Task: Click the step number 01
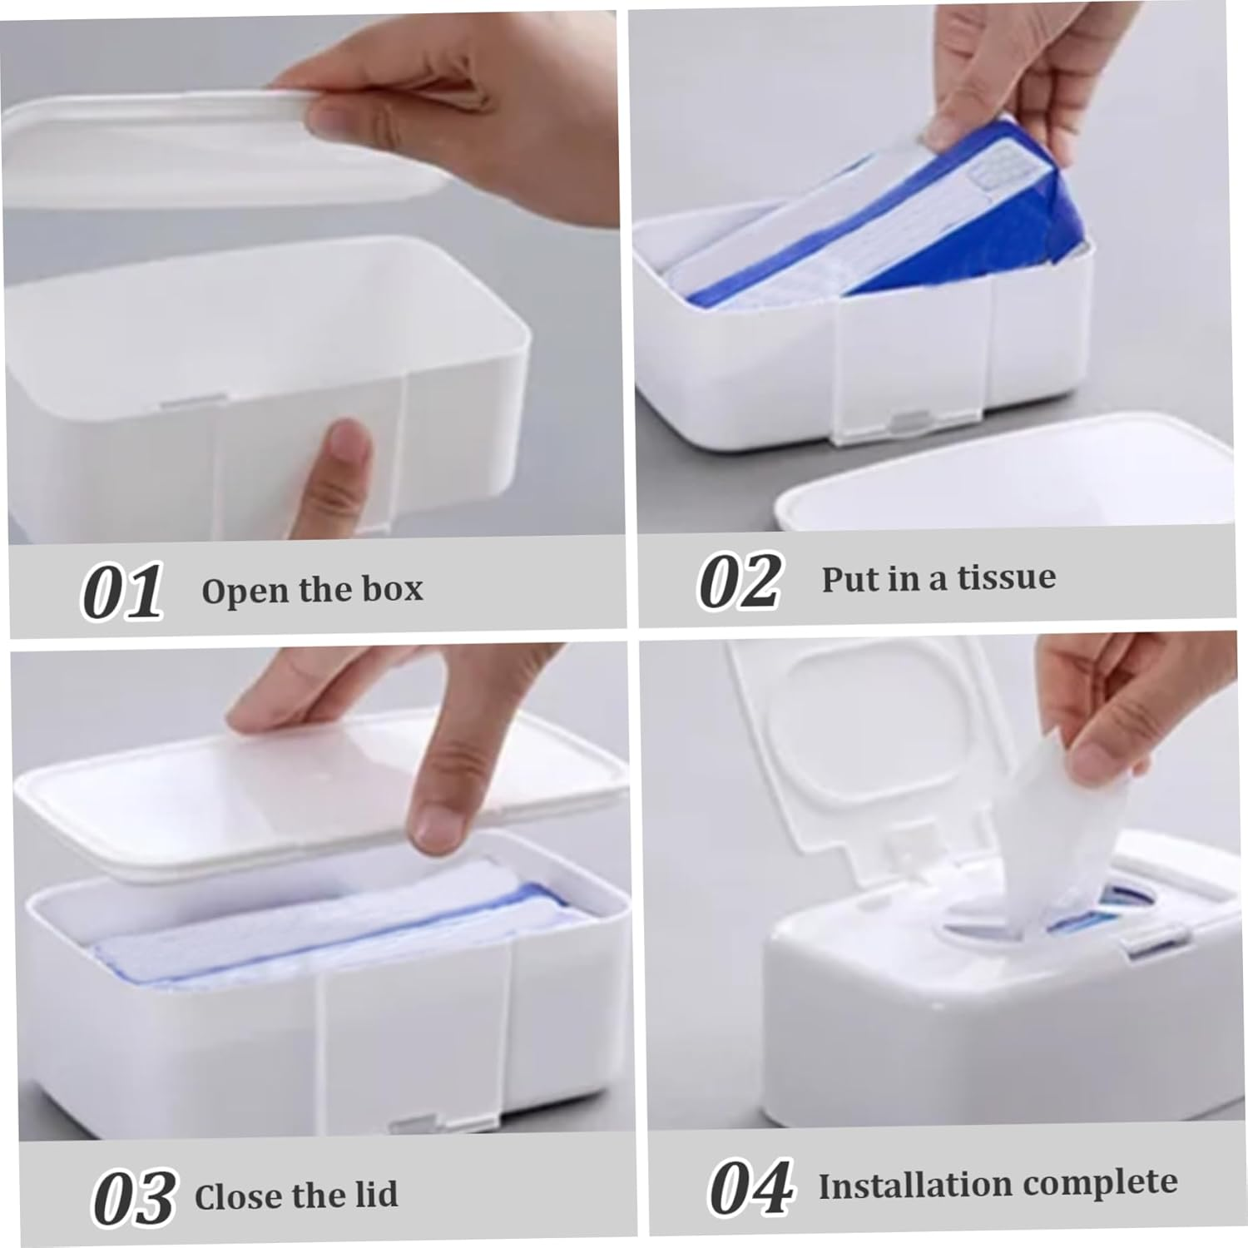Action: point(121,592)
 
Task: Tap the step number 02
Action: point(739,580)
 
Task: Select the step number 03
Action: point(133,1197)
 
